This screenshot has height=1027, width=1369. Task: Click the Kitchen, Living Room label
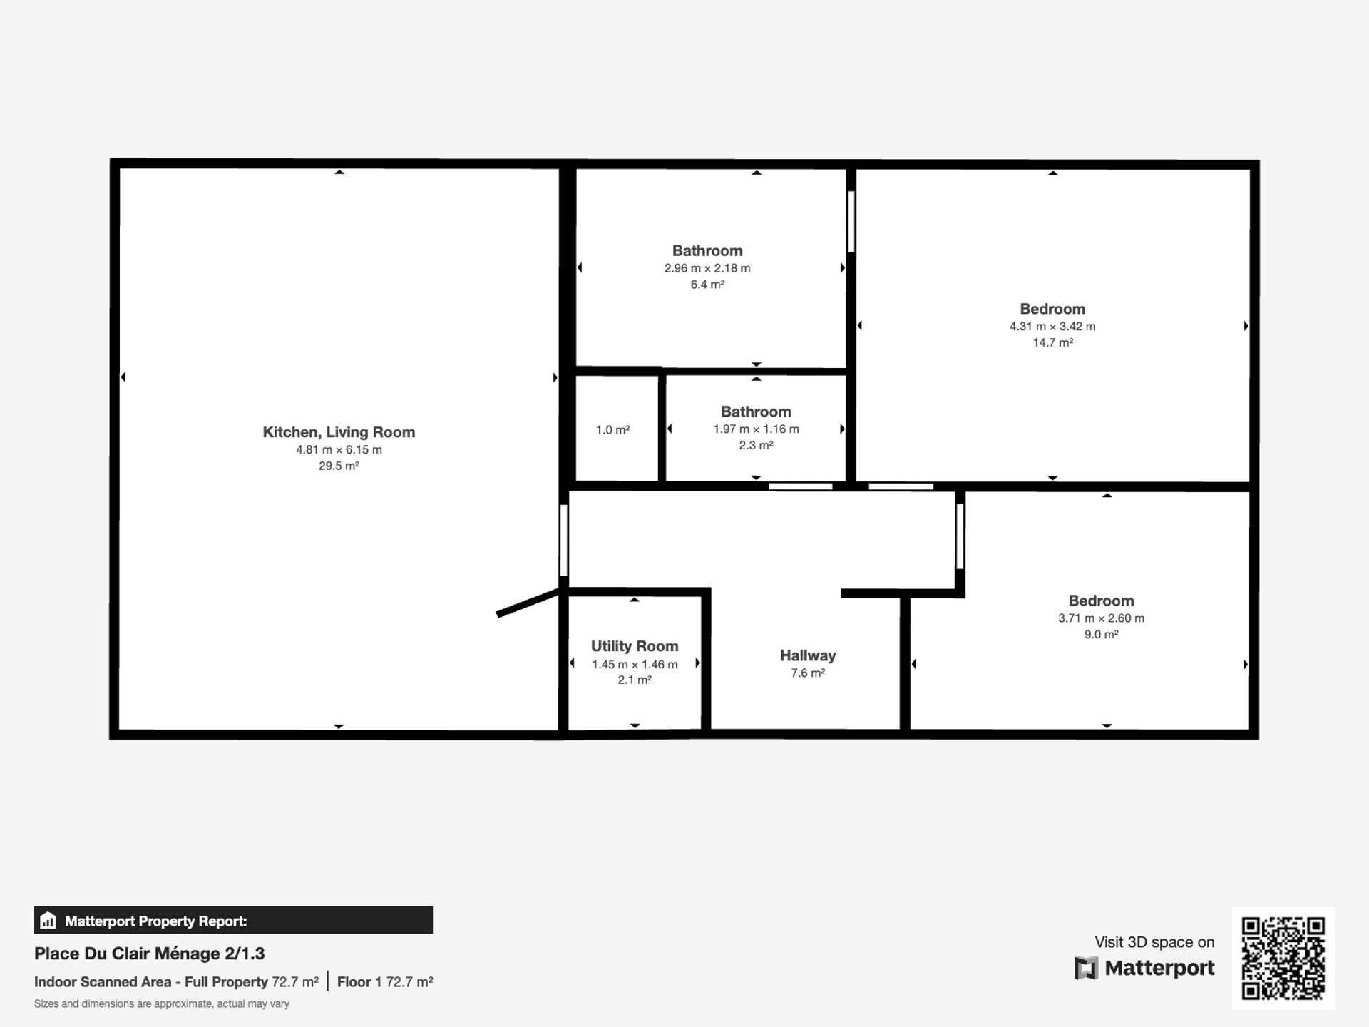pos(339,432)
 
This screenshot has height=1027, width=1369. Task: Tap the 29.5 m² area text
pos(339,466)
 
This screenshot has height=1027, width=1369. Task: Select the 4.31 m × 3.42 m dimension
pos(1052,327)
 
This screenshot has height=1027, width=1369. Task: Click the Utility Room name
pos(635,646)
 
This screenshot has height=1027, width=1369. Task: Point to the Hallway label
pos(808,655)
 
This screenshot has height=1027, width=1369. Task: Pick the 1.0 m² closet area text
pos(613,430)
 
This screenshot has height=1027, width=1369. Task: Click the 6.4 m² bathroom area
pos(707,285)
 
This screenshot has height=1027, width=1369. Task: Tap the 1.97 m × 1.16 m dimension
pos(757,429)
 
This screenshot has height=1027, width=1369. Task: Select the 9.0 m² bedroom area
pos(1101,635)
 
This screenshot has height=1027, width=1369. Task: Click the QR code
pos(1283,959)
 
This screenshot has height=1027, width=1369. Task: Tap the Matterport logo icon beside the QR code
pos(1086,969)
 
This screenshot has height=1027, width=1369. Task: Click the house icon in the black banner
pos(48,920)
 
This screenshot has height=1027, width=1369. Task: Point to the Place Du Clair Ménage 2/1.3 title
pos(150,954)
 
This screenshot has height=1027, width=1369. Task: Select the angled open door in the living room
pos(528,603)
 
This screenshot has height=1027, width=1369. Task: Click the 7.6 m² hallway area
pos(808,673)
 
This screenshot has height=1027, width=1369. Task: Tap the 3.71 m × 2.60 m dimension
pos(1101,618)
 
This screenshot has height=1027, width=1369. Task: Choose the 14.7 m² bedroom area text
pos(1053,343)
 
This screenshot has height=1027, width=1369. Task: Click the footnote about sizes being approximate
pos(162,1004)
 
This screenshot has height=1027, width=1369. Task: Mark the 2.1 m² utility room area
pos(635,680)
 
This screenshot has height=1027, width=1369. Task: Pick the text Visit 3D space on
pos(1154,942)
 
